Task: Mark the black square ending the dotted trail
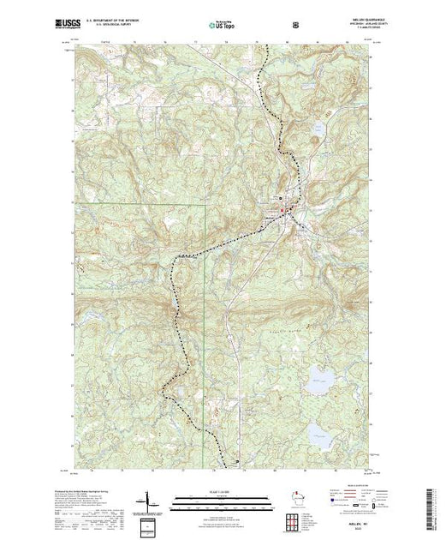pyautogui.click(x=237, y=463)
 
